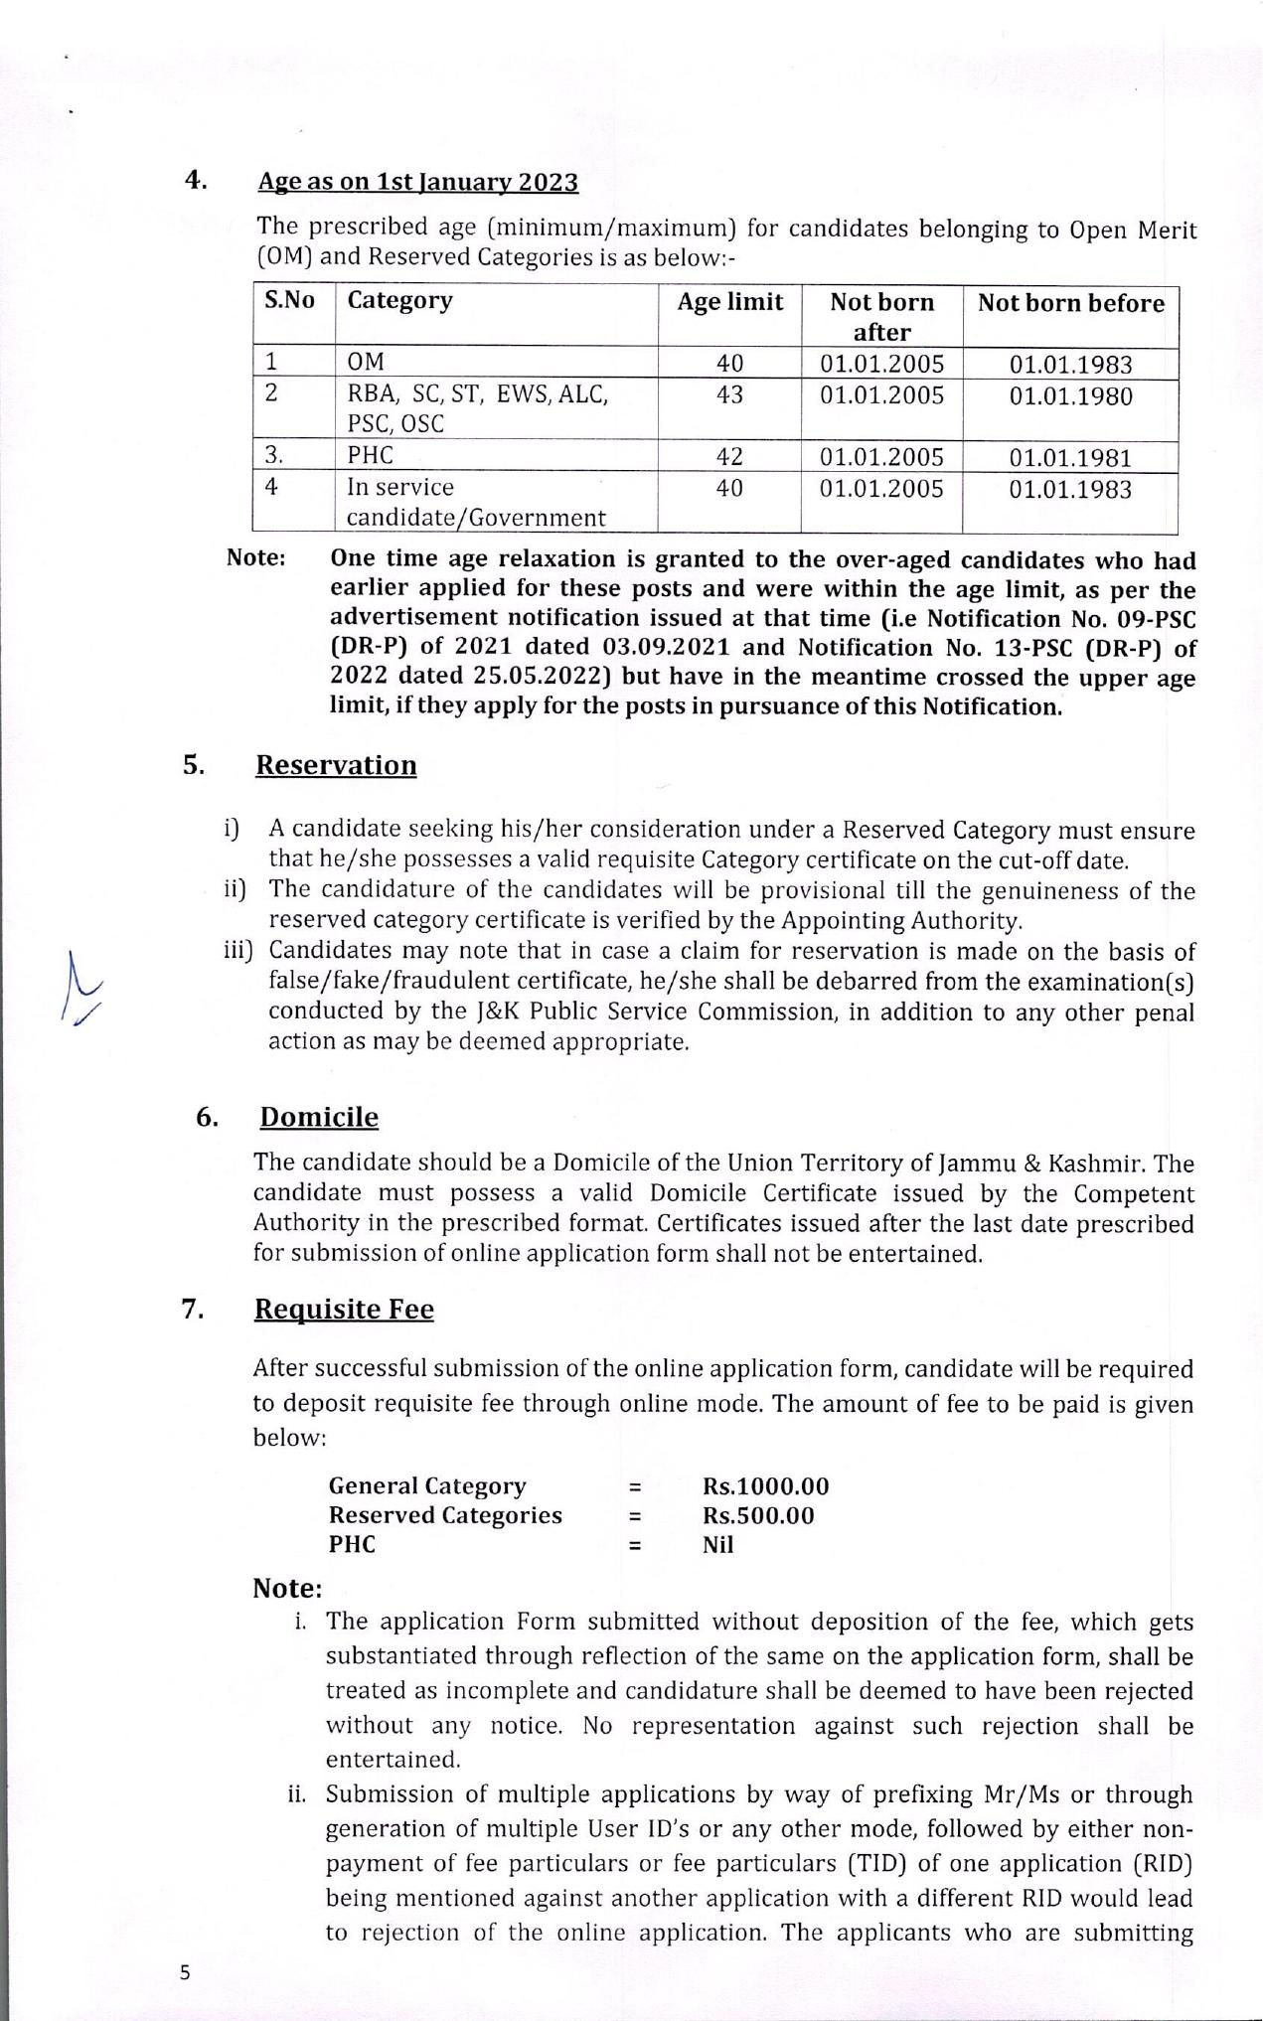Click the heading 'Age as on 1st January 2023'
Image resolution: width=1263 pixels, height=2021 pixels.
tap(417, 183)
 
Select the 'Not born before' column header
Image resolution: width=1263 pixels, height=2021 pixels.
tap(1070, 303)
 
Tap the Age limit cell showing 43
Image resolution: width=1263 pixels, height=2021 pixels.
tap(729, 394)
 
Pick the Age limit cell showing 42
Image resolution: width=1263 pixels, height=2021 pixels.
tap(729, 456)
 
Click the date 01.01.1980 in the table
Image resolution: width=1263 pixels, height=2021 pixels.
tap(1070, 396)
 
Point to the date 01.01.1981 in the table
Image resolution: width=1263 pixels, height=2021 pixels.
tap(1070, 458)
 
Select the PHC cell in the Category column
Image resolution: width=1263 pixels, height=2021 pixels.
tap(370, 456)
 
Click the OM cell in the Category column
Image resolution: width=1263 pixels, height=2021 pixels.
tap(365, 363)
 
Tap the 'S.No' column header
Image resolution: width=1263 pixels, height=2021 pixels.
tap(289, 300)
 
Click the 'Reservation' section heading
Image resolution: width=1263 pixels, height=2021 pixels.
tap(336, 765)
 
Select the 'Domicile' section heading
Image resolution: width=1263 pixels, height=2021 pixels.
tap(319, 1117)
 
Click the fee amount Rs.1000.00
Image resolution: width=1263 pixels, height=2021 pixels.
tap(765, 1486)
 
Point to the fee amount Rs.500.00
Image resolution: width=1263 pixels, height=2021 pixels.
tap(758, 1515)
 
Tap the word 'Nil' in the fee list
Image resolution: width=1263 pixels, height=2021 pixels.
tap(717, 1544)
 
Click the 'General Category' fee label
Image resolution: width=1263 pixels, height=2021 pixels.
tap(427, 1486)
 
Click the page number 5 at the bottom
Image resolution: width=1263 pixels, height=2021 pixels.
tap(185, 1973)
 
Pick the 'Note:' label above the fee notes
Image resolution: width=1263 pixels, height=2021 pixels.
tap(287, 1588)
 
